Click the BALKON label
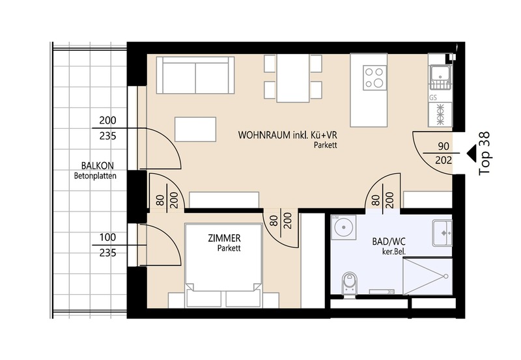point(97,165)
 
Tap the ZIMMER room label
point(224,238)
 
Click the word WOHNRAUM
point(264,135)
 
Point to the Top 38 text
point(485,154)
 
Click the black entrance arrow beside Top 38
point(472,154)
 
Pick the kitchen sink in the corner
point(440,77)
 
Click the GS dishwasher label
point(433,98)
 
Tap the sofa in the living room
point(195,75)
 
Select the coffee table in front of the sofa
point(195,129)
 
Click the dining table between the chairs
point(293,78)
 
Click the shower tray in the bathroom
point(427,275)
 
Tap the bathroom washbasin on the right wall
point(442,233)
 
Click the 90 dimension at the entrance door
point(444,146)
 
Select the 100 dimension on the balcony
point(108,238)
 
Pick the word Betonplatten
point(95,176)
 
